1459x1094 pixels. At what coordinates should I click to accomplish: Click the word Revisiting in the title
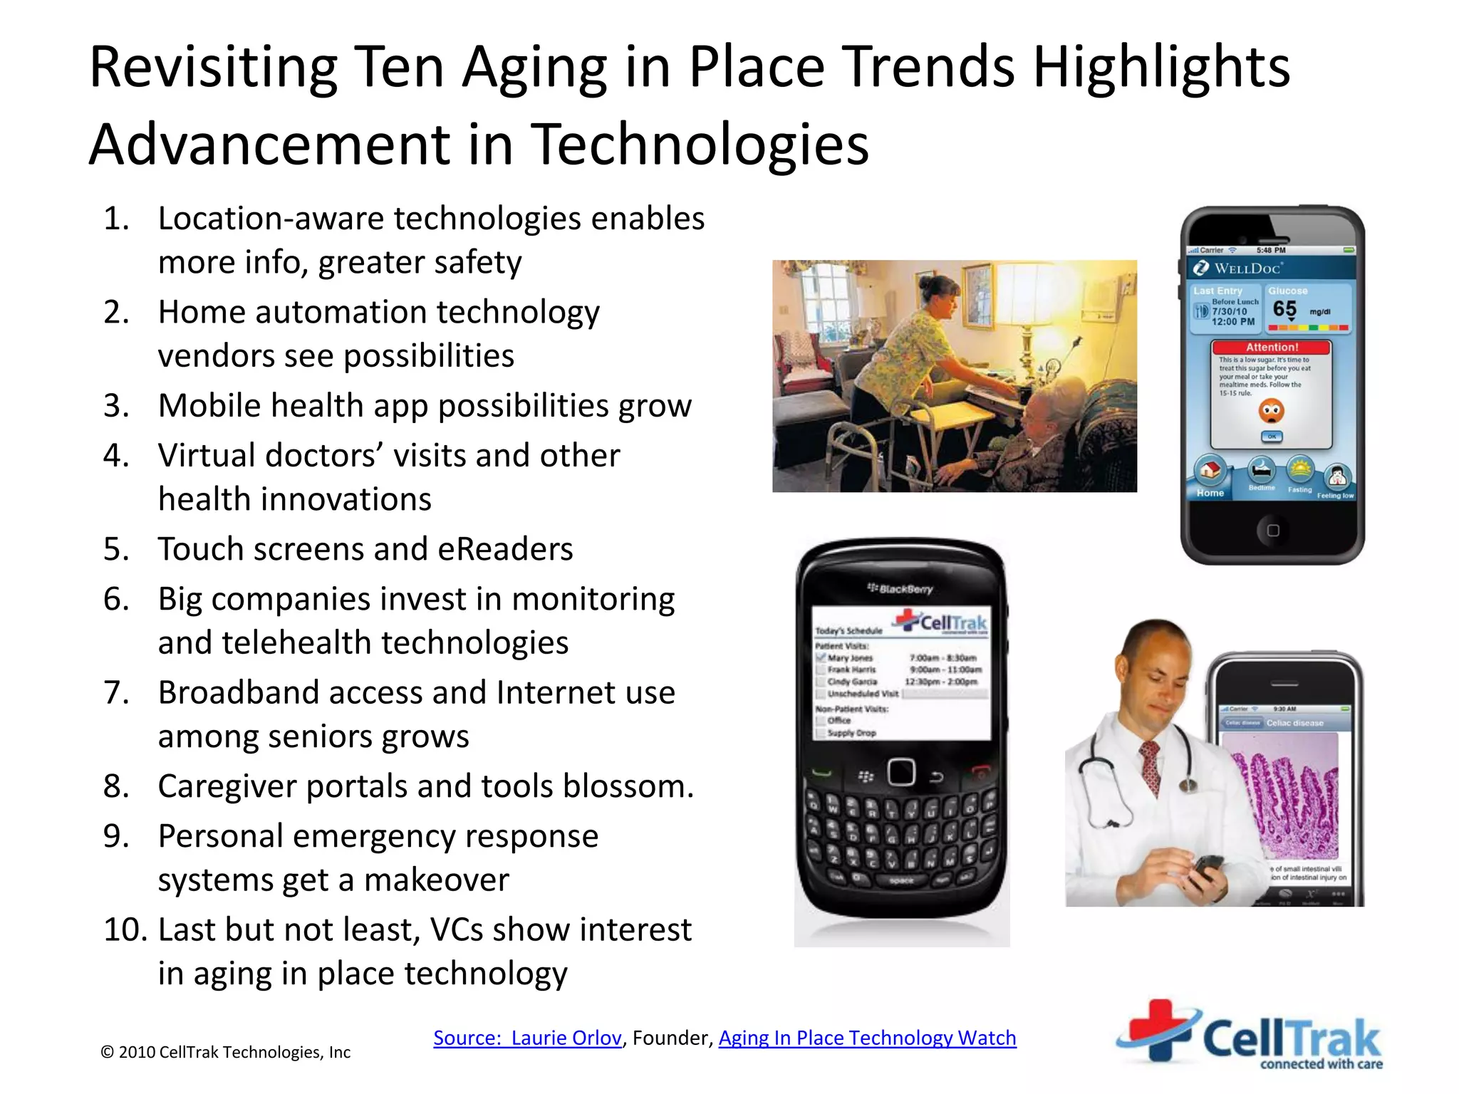coord(213,67)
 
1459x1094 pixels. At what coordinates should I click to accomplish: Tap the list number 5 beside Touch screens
coord(116,549)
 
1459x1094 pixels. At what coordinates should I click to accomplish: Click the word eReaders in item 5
coord(505,549)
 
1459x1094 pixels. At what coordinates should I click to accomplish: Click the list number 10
coord(125,929)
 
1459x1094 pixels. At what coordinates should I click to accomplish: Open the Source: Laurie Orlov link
coord(527,1038)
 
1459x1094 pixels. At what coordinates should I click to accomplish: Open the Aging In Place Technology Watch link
coord(867,1038)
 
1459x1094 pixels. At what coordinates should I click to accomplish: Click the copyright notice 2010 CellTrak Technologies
coord(226,1052)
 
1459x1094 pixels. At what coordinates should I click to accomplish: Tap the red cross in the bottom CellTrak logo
coord(1158,1028)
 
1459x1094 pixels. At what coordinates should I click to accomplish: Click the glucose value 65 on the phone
coord(1284,309)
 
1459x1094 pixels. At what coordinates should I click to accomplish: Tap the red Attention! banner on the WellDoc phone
coord(1272,348)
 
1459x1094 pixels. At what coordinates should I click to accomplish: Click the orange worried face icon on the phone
coord(1272,410)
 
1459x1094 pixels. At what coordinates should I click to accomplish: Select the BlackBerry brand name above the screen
coord(902,589)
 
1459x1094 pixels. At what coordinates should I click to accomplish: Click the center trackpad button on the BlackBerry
coord(901,772)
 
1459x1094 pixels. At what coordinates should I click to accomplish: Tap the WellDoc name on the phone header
coord(1247,269)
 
